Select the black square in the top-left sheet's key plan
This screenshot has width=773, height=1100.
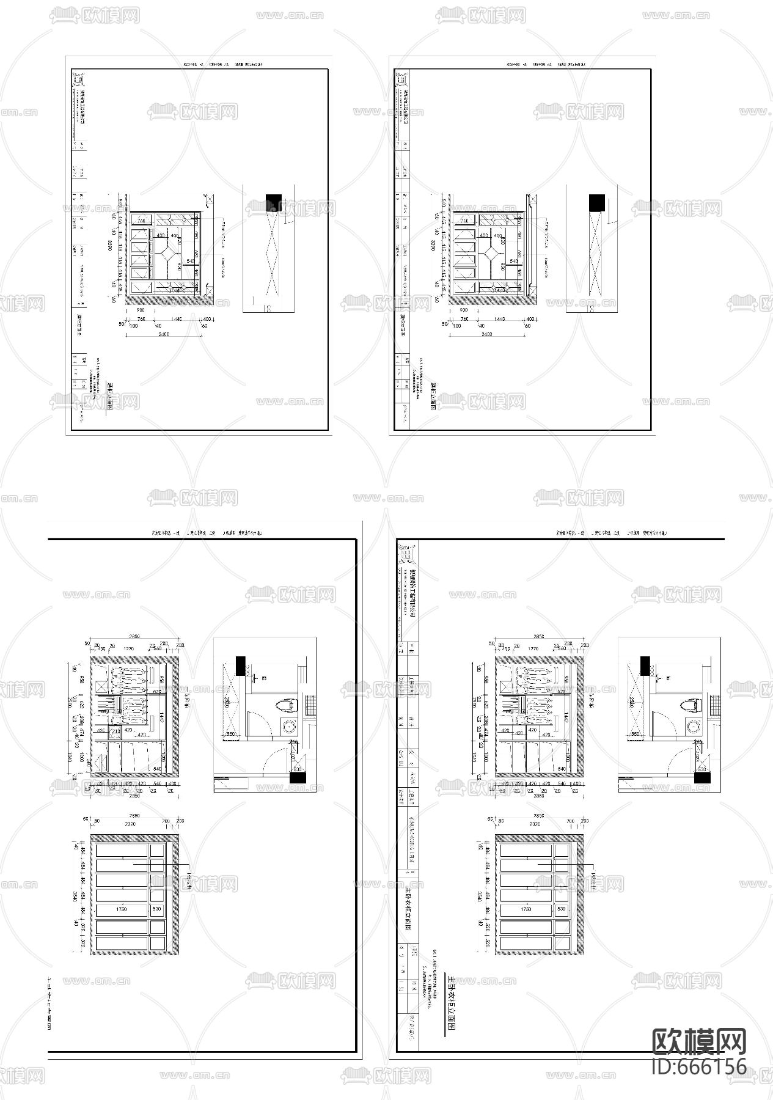pos(273,202)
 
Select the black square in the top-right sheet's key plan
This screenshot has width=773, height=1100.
pos(596,202)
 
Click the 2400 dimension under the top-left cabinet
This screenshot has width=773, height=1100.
pos(163,334)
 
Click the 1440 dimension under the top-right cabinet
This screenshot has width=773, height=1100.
pos(500,319)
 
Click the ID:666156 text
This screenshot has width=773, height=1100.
pos(699,1066)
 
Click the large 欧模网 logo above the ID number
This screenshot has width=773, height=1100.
pos(699,1041)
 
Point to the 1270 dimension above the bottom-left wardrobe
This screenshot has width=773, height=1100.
pos(129,648)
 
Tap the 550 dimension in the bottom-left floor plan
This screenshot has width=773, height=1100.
pos(231,733)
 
